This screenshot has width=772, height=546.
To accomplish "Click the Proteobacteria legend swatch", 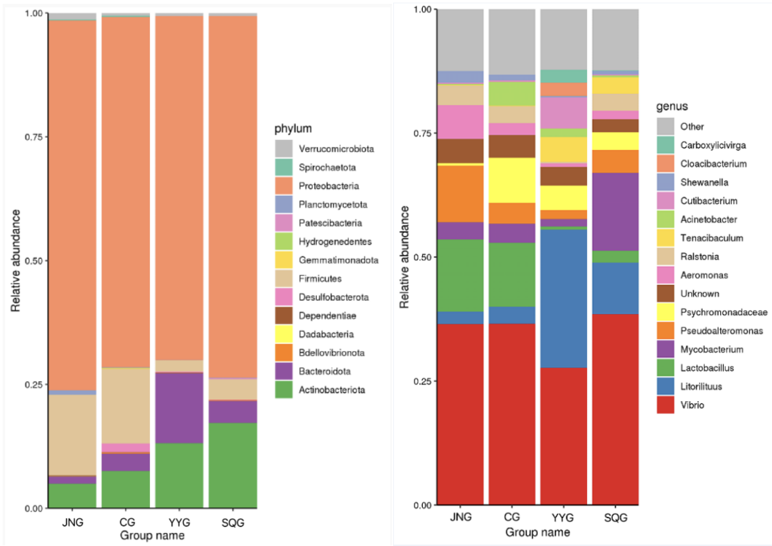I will (283, 186).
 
